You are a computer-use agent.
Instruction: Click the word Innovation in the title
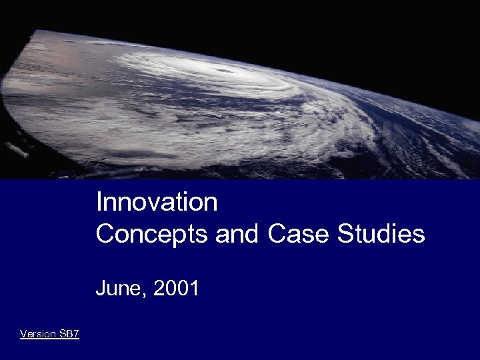[157, 202]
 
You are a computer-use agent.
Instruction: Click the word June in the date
[119, 289]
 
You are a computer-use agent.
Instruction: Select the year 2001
[176, 289]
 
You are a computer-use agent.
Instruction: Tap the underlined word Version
[38, 334]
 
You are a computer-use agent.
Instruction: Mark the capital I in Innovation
[99, 202]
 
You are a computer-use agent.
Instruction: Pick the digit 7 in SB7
[76, 334]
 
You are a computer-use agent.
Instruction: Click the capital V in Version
[23, 334]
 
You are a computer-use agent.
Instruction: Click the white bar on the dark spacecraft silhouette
[19, 151]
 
